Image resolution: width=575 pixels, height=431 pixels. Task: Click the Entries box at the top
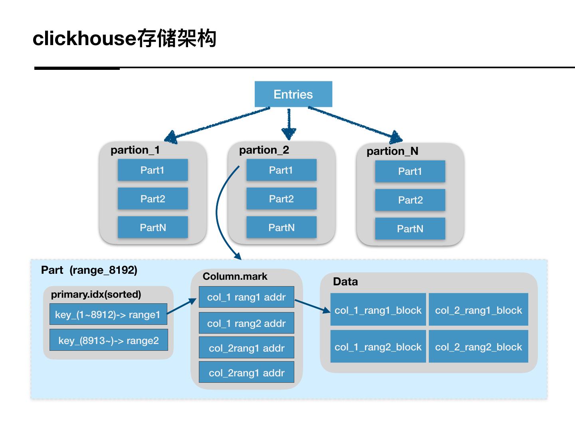coord(293,94)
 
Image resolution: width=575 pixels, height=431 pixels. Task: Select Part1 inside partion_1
coord(153,170)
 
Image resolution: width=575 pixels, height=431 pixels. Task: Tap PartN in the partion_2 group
coord(282,227)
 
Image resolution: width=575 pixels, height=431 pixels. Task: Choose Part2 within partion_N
coord(410,200)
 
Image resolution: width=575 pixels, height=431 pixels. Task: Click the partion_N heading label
coord(392,151)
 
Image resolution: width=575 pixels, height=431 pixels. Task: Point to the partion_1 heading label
coord(135,150)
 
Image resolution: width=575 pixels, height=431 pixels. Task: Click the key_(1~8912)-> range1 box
coord(108,314)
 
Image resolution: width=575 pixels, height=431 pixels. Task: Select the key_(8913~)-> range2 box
coord(109,340)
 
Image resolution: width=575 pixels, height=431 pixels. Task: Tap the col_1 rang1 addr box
coord(246,297)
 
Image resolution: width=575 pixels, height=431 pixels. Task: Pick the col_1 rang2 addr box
coord(246,323)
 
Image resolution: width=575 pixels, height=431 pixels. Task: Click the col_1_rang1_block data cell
coord(378,309)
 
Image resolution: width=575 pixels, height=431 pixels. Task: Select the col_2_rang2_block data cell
coord(478,346)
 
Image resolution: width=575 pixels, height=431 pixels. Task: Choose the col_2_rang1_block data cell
coord(478,309)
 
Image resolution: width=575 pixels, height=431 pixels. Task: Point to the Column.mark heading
coord(235,276)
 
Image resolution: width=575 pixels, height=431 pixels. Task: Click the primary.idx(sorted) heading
coord(96,295)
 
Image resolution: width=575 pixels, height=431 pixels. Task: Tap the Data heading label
coord(345,282)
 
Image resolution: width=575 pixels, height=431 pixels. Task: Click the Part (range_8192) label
coord(89,270)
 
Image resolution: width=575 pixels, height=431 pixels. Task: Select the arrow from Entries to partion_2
coord(289,124)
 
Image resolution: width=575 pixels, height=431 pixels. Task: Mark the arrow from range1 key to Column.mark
coord(182,306)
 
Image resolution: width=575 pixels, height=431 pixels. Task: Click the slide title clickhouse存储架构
coord(125,38)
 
